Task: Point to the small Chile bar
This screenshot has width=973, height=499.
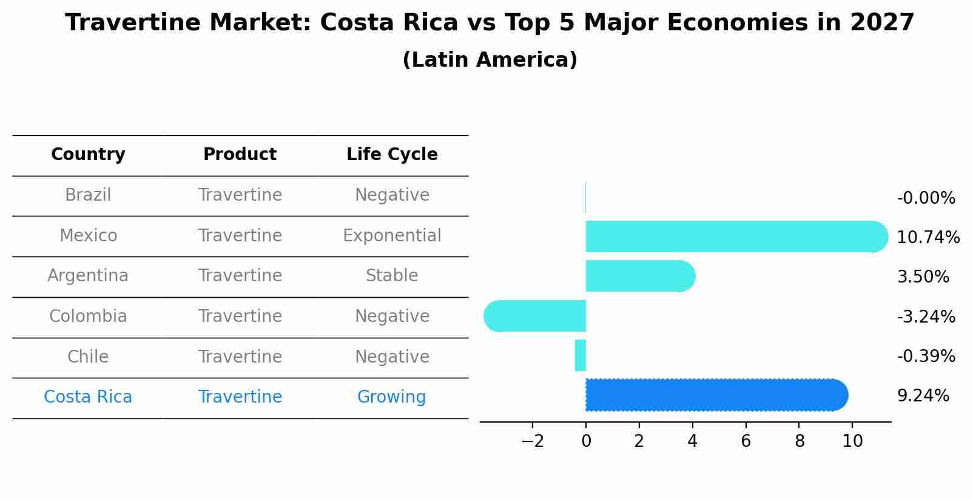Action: [581, 355]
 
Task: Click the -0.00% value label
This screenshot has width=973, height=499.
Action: [926, 198]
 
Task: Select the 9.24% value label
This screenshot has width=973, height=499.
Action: [923, 396]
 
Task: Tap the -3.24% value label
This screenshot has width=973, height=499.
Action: [926, 316]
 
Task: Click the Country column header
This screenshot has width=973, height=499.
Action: [88, 155]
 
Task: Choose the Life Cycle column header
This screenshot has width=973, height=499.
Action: [392, 155]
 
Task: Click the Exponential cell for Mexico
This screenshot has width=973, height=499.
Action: [392, 235]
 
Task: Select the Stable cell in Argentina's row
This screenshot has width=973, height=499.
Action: [392, 276]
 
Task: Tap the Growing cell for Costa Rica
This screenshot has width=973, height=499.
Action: [392, 397]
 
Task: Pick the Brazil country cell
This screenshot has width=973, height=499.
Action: [88, 195]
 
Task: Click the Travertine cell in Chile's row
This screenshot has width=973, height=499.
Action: [240, 357]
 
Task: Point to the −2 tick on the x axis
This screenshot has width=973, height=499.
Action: [533, 441]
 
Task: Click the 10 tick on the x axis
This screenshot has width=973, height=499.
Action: [852, 441]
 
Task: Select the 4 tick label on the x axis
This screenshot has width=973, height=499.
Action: [692, 441]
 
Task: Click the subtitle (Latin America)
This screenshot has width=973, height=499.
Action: [490, 60]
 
